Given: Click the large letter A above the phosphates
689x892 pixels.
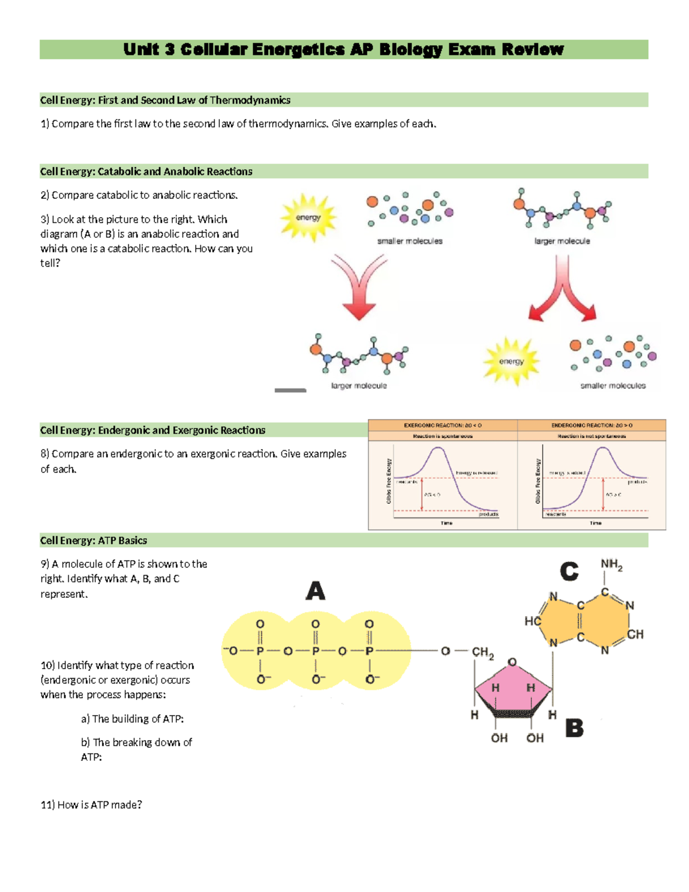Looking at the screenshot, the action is (x=315, y=590).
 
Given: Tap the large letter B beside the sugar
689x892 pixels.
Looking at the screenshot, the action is (x=574, y=728).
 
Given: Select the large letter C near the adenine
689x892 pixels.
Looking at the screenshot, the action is (x=569, y=572).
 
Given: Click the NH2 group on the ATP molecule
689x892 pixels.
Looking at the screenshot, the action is (x=611, y=565).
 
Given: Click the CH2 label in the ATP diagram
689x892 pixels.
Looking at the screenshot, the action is (x=483, y=652).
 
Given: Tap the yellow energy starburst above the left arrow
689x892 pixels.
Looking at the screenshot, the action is (x=308, y=217).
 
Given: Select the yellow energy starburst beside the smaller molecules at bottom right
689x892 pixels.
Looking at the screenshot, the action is (x=511, y=361).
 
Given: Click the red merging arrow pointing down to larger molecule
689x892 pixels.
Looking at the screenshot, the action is (x=359, y=287).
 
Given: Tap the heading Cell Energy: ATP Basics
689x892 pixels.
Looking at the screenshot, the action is (x=94, y=540).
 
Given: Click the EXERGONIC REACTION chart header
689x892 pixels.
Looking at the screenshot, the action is (x=443, y=426).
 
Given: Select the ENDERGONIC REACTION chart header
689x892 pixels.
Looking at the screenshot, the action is (x=591, y=426).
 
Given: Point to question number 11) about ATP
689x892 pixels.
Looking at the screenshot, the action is (x=47, y=805).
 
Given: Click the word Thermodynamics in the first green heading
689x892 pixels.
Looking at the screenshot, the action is (x=250, y=101).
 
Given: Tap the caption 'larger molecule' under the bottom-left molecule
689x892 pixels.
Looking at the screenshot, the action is (x=359, y=386).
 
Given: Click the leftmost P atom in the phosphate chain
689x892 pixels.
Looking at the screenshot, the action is (x=260, y=651).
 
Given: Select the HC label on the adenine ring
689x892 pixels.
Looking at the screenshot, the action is (x=532, y=621).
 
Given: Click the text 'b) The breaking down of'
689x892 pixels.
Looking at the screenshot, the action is (x=137, y=743).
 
